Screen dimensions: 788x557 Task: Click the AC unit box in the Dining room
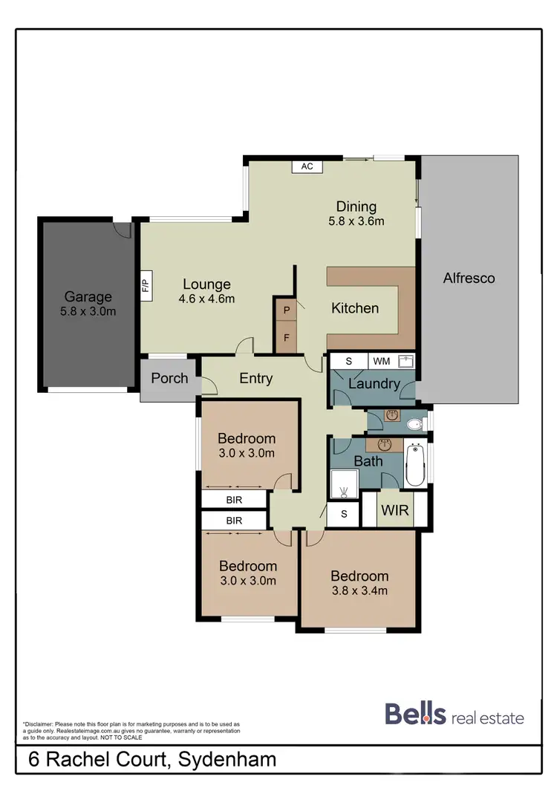(x=307, y=167)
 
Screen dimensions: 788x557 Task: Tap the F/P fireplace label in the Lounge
(x=146, y=286)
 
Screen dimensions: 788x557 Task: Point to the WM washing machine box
(x=381, y=362)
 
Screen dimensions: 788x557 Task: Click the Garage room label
(x=88, y=296)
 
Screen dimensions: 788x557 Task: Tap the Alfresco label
(x=469, y=279)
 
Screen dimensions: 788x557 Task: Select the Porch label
(x=169, y=378)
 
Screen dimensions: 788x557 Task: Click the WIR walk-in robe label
(x=394, y=511)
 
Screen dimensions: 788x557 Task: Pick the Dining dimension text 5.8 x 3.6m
(x=356, y=221)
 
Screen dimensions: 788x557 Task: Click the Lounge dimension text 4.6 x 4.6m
(x=207, y=299)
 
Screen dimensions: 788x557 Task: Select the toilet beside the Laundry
(x=416, y=425)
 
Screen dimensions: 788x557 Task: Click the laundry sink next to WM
(x=405, y=362)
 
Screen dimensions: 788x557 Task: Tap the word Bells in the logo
(x=415, y=714)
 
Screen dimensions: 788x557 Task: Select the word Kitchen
(x=355, y=308)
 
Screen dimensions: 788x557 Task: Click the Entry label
(x=255, y=378)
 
